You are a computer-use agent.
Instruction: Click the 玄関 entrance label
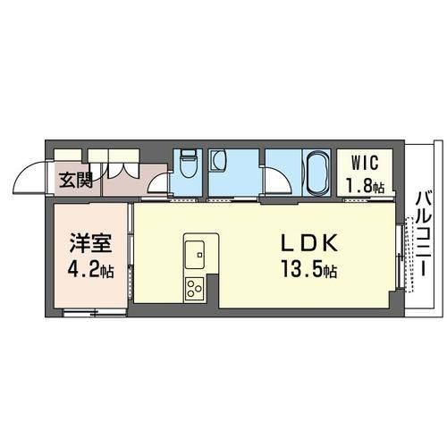point(76,180)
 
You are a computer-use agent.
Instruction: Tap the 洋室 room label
point(90,243)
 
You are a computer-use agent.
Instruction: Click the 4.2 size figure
point(82,271)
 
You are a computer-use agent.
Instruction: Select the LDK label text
point(309,243)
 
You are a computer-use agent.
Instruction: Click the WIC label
point(365,163)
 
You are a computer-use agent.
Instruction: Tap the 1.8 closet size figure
point(359,186)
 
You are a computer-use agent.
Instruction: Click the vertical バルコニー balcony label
point(423,234)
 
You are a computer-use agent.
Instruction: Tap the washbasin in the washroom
point(218,160)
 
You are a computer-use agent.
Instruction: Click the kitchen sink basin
point(195,255)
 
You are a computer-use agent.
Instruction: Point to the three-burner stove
point(195,288)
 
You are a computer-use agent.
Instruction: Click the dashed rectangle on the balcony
point(409,255)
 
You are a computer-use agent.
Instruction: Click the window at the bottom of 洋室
point(95,313)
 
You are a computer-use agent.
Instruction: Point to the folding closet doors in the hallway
point(120,170)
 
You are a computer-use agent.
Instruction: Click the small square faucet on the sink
point(200,255)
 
